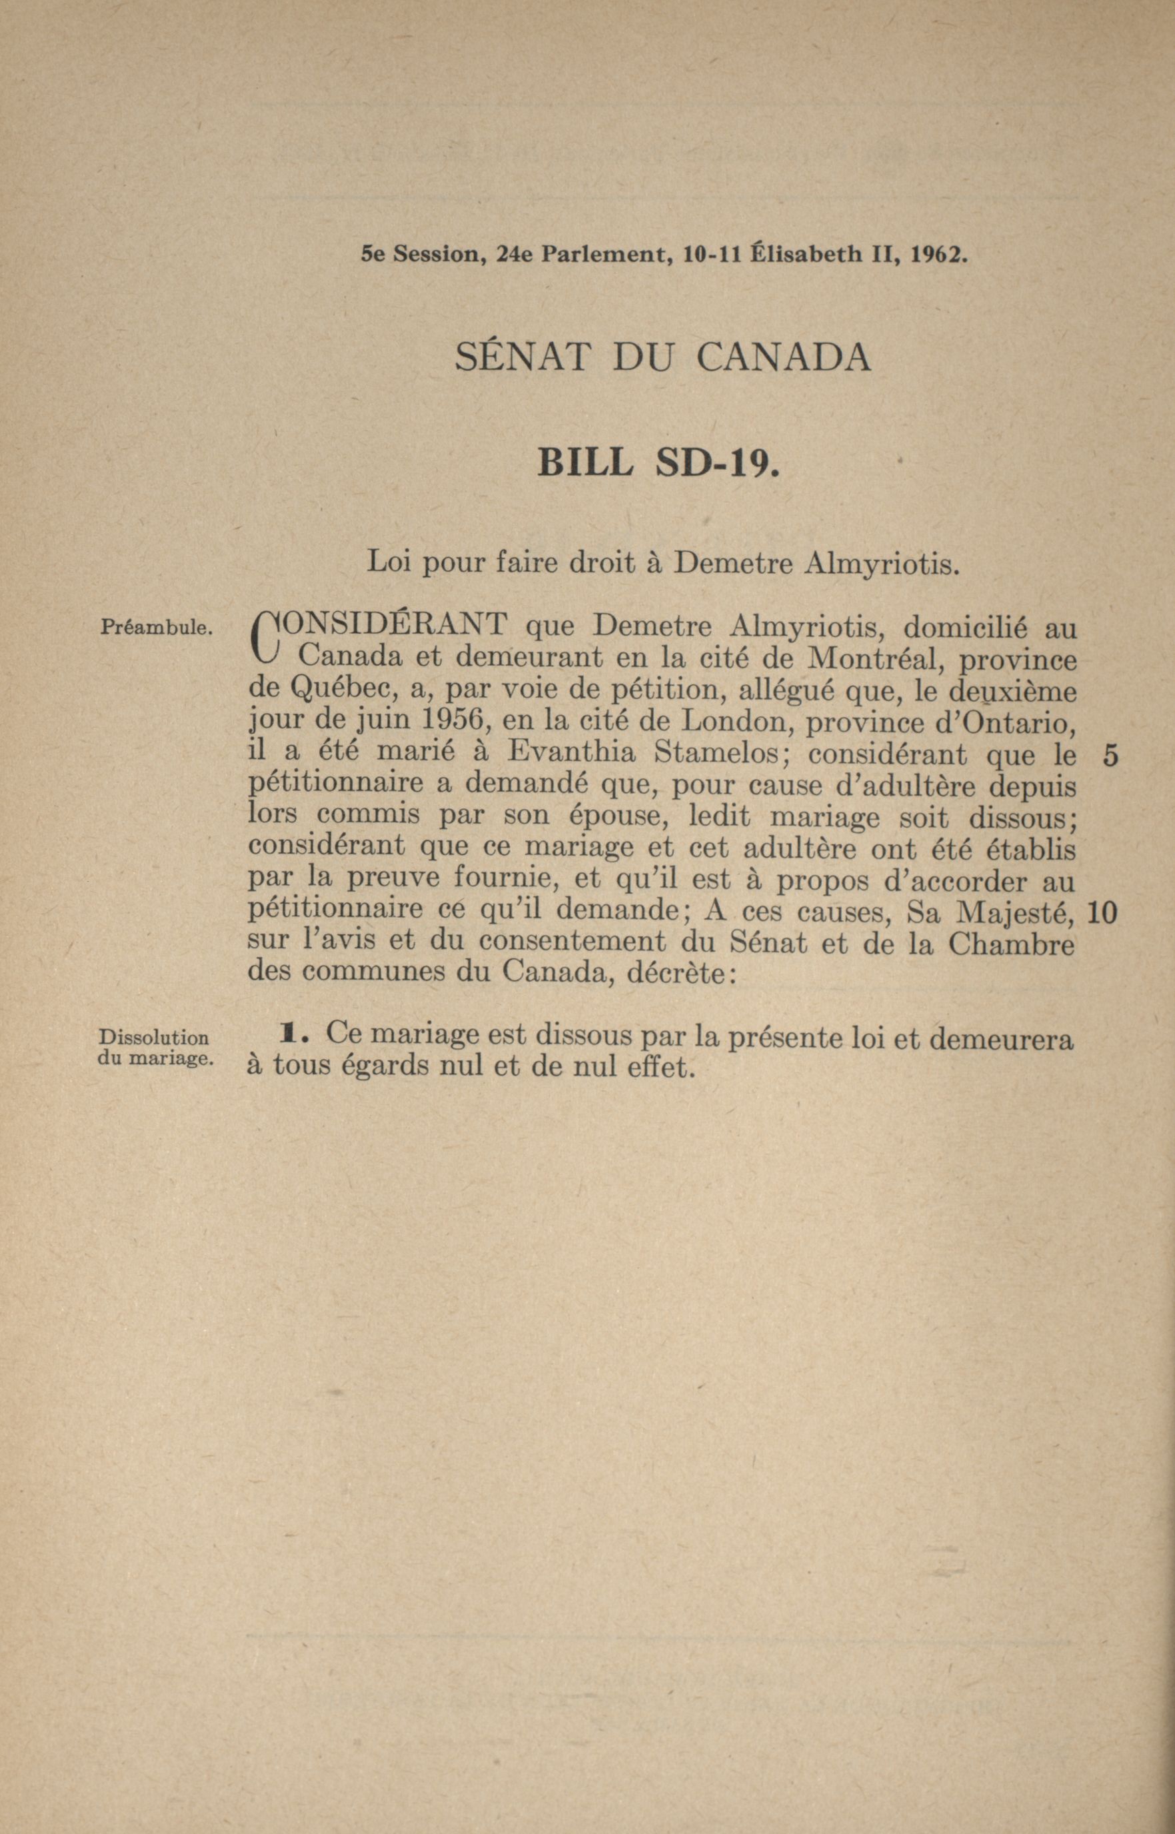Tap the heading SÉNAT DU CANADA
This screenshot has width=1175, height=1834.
coord(662,357)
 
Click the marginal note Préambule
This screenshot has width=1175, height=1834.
coord(155,628)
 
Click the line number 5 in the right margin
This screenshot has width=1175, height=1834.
coord(1111,755)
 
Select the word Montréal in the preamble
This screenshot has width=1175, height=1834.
coord(869,658)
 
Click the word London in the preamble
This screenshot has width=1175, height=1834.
coord(727,721)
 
